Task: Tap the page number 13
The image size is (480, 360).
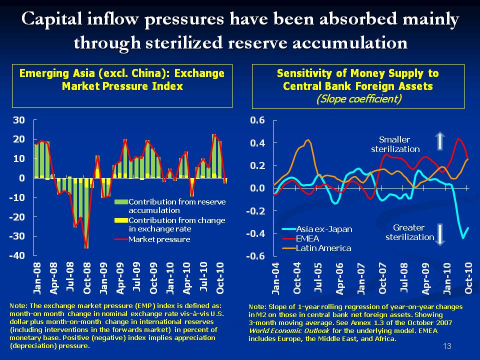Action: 447,346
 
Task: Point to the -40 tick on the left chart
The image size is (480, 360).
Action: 18,255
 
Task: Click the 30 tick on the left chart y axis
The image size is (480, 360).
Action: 19,120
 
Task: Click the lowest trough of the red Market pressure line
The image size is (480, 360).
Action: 86,248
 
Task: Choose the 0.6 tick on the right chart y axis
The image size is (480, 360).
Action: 258,120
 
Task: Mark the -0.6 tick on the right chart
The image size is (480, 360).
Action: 256,256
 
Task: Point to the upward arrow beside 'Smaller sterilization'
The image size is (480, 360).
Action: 439,141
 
